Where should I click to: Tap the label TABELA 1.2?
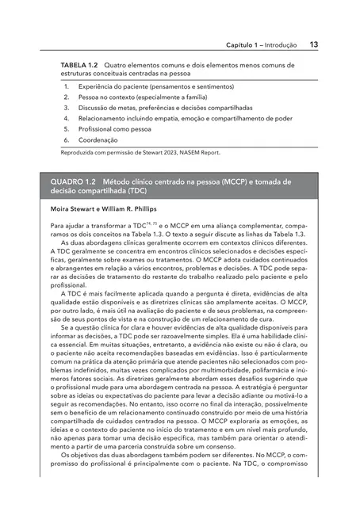coord(81,65)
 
